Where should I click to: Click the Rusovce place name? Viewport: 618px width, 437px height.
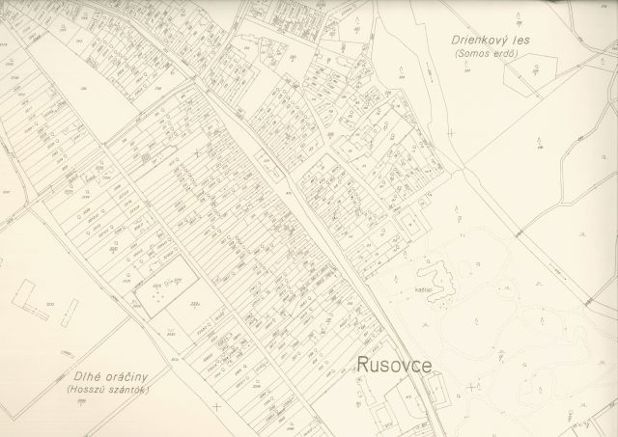pyautogui.click(x=393, y=366)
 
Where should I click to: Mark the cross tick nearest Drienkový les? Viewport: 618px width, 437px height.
pyautogui.click(x=451, y=133)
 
